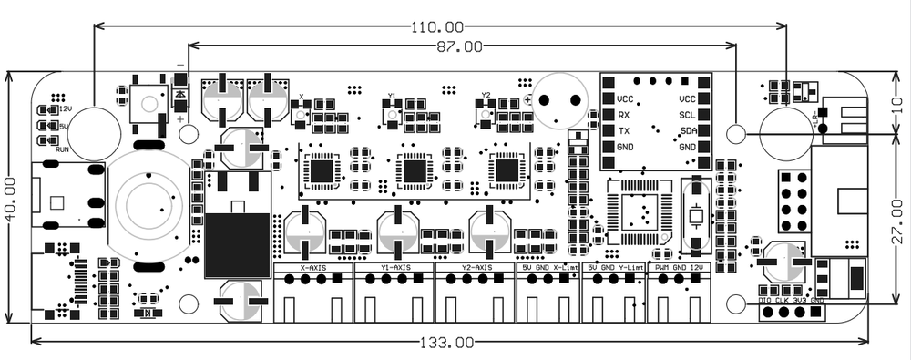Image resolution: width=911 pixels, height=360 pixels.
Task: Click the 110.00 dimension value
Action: pyautogui.click(x=437, y=27)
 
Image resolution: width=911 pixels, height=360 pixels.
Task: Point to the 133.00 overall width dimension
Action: pyautogui.click(x=447, y=344)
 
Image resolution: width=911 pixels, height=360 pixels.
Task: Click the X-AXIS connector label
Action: pyautogui.click(x=313, y=268)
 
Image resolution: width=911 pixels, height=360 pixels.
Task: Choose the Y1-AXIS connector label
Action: pyautogui.click(x=394, y=268)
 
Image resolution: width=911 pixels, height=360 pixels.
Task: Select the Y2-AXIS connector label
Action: pyautogui.click(x=475, y=268)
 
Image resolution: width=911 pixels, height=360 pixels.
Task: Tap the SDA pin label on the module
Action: pyautogui.click(x=688, y=131)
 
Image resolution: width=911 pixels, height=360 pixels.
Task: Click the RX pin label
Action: pyautogui.click(x=623, y=116)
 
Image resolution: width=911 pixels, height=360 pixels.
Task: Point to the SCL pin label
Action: pyautogui.click(x=688, y=116)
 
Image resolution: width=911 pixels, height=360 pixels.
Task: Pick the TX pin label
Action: pyautogui.click(x=623, y=131)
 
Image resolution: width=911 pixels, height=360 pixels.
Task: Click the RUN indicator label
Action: pyautogui.click(x=61, y=149)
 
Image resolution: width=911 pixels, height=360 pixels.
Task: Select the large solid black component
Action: pyautogui.click(x=239, y=244)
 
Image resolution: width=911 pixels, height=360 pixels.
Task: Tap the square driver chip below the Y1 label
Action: pyautogui.click(x=414, y=170)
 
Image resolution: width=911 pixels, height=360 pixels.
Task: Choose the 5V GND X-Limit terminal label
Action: pyautogui.click(x=549, y=268)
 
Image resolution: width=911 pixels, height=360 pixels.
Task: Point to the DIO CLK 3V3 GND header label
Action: pyautogui.click(x=791, y=299)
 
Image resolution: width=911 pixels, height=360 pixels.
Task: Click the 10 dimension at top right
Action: pyautogui.click(x=896, y=102)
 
